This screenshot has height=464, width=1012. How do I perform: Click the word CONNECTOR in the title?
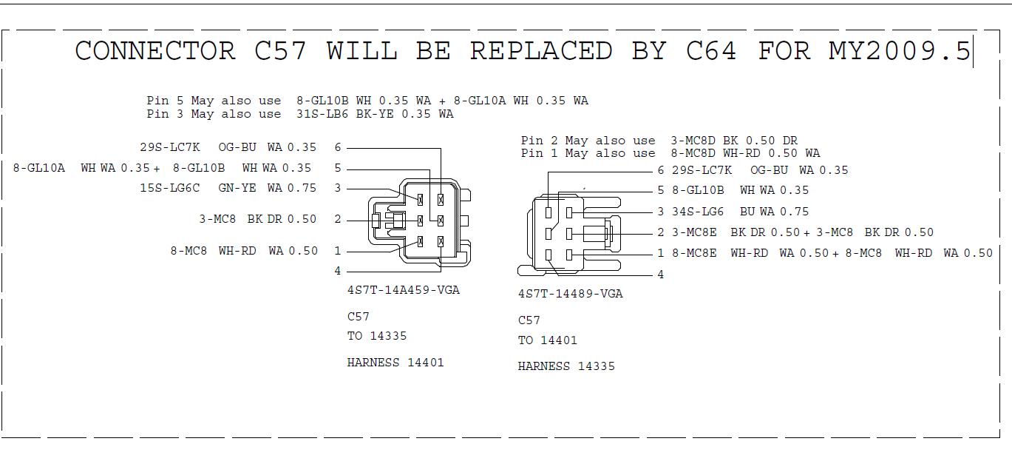pyautogui.click(x=154, y=50)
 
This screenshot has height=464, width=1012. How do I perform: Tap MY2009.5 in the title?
pyautogui.click(x=899, y=50)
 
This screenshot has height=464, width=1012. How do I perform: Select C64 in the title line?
pyautogui.click(x=711, y=50)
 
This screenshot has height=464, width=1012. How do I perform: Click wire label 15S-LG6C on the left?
pyautogui.click(x=169, y=188)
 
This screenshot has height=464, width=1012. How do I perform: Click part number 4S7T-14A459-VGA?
pyautogui.click(x=403, y=290)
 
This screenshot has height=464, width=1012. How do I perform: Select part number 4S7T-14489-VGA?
pyautogui.click(x=570, y=294)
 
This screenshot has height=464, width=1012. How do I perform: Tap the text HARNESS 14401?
pyautogui.click(x=395, y=363)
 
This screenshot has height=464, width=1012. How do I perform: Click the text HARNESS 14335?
pyautogui.click(x=566, y=366)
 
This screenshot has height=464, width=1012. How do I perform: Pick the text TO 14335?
pyautogui.click(x=376, y=336)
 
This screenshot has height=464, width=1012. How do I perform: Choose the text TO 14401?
pyautogui.click(x=547, y=340)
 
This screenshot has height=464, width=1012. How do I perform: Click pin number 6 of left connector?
pyautogui.click(x=338, y=148)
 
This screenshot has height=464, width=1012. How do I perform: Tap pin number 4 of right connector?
pyautogui.click(x=660, y=275)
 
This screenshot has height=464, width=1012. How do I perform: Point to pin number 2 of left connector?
pyautogui.click(x=338, y=219)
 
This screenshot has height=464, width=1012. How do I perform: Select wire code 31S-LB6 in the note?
pyautogui.click(x=323, y=114)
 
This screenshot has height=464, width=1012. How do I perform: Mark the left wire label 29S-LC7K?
pyautogui.click(x=170, y=147)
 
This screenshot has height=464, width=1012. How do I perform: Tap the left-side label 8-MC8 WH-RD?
pyautogui.click(x=213, y=251)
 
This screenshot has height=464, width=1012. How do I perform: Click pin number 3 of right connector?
pyautogui.click(x=660, y=212)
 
